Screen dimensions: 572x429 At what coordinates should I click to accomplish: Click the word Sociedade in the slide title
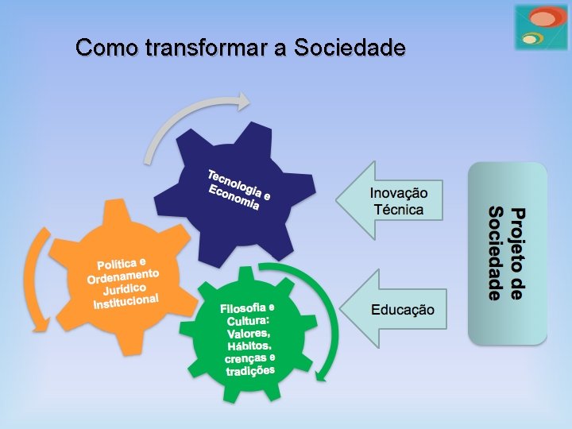point(350,48)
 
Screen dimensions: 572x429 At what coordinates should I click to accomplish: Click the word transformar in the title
point(207,48)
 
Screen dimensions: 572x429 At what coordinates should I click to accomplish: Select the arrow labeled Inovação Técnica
point(389,201)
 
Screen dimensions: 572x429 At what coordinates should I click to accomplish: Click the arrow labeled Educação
point(393,310)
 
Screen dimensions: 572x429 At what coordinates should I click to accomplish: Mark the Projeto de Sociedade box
point(507,253)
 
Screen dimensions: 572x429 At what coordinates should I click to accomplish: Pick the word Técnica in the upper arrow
point(398,210)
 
